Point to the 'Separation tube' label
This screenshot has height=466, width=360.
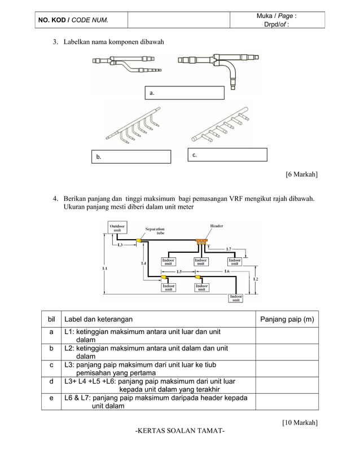tap(155, 231)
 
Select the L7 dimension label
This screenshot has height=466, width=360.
tap(228, 249)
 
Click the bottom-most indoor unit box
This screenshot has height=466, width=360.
tap(236, 298)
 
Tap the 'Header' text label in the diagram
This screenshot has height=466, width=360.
tap(217, 226)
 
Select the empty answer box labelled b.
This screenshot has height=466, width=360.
tap(131, 157)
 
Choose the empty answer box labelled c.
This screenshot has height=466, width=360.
tap(227, 155)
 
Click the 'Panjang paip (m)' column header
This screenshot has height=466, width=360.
tap(286, 319)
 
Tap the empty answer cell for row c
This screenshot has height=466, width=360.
tap(286, 368)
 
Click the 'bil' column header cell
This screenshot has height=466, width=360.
tap(51, 319)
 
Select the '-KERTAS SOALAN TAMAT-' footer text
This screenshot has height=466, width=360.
tap(180, 432)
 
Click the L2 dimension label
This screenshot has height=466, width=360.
tap(255, 279)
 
